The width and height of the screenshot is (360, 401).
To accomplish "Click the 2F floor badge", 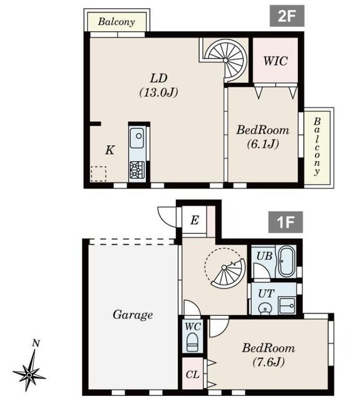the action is [x=287, y=16].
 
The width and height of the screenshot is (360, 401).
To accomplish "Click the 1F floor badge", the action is [x=285, y=222].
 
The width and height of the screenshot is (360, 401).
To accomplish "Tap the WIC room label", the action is [x=275, y=61].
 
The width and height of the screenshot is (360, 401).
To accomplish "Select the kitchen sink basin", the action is [x=136, y=138].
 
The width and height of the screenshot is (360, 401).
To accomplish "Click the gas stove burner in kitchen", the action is [x=136, y=170].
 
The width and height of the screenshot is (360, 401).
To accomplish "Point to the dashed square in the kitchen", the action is [x=98, y=174].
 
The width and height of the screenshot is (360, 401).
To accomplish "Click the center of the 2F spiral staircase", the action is [x=225, y=60].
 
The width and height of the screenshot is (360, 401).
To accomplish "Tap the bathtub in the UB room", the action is [x=285, y=261].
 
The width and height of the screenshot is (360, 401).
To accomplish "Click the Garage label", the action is [x=133, y=315].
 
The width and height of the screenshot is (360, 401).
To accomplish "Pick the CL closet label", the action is [x=192, y=375].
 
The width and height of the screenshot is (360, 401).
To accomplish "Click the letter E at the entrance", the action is [x=195, y=220].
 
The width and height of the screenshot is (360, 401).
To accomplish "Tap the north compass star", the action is [x=29, y=375].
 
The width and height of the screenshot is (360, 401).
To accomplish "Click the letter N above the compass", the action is [x=36, y=343].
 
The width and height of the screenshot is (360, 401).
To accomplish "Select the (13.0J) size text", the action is [x=158, y=92].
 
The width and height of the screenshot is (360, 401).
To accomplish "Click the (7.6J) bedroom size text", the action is [x=268, y=362].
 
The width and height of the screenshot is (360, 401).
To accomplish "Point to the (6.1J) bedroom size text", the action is [x=263, y=144].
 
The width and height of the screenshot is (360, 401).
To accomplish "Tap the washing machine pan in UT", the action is [x=287, y=305].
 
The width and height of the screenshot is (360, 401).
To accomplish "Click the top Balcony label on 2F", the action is [x=116, y=22].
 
